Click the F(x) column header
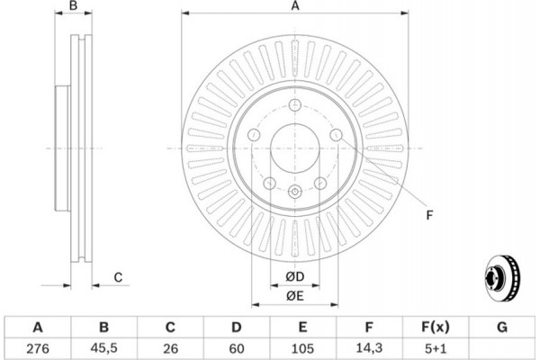(x=436, y=327)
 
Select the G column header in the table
(x=502, y=327)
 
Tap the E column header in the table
(x=303, y=327)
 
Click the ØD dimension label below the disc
(x=294, y=275)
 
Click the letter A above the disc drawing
(x=294, y=7)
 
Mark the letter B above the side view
(x=75, y=7)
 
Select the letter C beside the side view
(x=118, y=277)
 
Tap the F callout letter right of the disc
(x=430, y=213)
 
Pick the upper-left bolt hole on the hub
(x=254, y=136)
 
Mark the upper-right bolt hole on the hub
(x=335, y=136)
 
